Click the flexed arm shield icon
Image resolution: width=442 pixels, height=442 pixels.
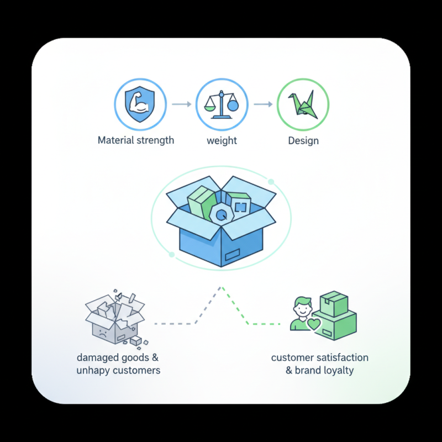[140, 104]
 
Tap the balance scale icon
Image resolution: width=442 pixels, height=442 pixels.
[222, 104]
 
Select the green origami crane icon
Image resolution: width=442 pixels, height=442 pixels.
[303, 104]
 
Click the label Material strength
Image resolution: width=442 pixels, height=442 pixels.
[136, 140]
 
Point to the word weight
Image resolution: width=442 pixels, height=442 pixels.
[222, 140]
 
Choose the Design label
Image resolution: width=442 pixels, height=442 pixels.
[303, 140]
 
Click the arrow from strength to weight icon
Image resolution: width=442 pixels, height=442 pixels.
[182, 104]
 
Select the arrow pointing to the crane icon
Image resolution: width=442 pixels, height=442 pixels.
[263, 104]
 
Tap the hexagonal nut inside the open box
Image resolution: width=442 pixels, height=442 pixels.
[222, 215]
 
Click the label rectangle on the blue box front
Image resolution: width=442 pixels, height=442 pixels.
[232, 255]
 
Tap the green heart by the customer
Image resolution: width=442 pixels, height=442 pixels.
[314, 324]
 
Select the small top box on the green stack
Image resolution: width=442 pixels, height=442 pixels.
[334, 304]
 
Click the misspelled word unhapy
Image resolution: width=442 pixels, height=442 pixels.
[92, 370]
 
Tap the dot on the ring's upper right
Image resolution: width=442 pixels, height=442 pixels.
[271, 182]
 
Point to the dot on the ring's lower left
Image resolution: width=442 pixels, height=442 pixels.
[172, 255]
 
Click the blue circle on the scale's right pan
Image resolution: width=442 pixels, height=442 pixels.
[233, 106]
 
